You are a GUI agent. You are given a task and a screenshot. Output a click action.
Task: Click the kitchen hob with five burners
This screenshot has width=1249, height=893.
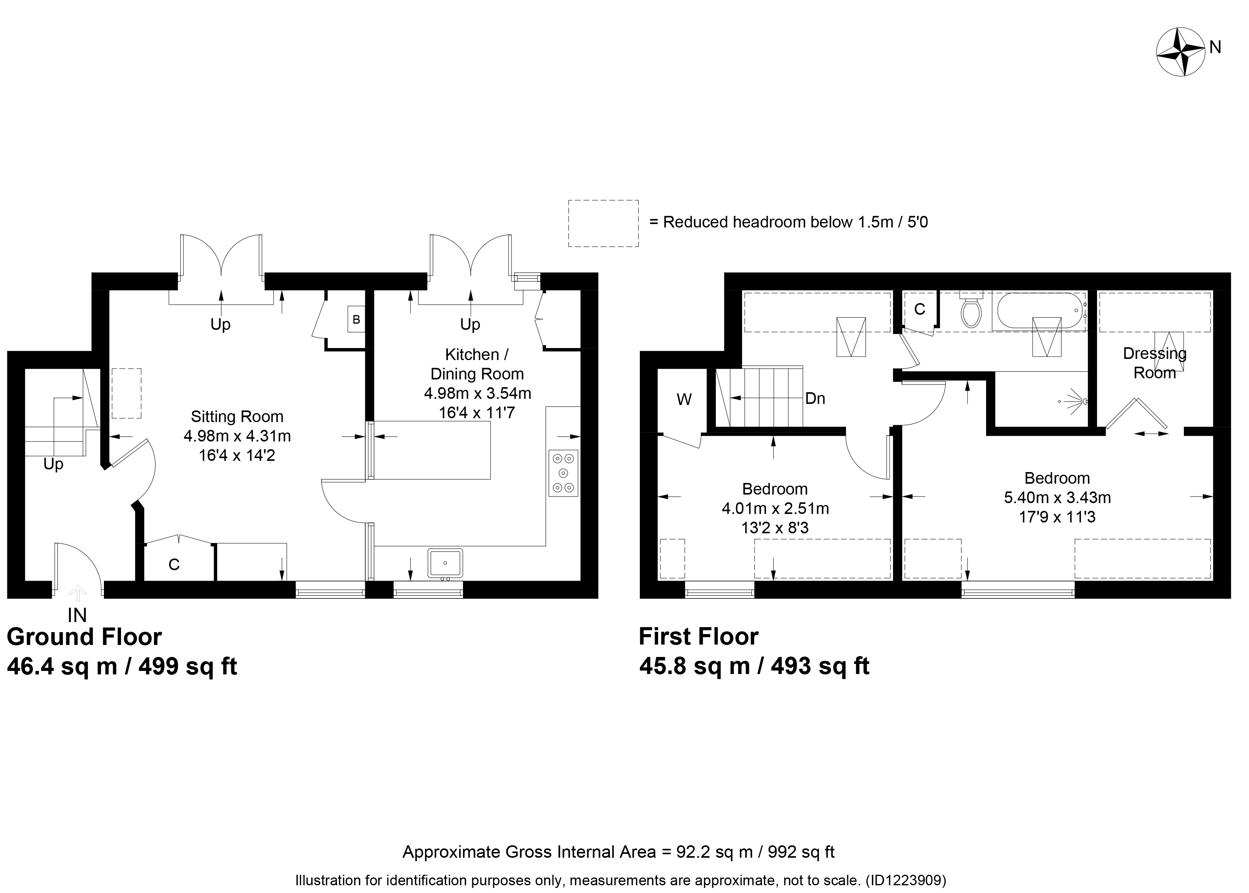563,473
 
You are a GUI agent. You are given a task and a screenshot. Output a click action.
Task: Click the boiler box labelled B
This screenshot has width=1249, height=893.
356,319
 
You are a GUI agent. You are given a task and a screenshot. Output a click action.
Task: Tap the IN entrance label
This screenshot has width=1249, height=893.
78,615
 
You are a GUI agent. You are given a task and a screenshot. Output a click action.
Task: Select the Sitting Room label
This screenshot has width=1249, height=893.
237,417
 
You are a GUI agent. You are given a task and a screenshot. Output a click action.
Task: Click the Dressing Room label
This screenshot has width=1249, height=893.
1155,363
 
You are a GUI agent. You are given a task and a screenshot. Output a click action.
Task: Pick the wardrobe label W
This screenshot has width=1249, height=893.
684,400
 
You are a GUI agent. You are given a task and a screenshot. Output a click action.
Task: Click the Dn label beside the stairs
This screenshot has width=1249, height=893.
815,398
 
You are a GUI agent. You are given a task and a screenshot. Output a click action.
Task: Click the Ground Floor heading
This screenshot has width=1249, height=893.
84,637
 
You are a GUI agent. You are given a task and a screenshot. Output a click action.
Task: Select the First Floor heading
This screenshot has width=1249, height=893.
698,637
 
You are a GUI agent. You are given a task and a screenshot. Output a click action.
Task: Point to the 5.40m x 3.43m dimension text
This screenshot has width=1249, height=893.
1057,498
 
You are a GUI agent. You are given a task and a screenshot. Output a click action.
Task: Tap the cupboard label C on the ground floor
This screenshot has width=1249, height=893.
174,565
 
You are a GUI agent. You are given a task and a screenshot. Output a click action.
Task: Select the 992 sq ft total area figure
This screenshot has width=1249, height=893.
801,852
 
